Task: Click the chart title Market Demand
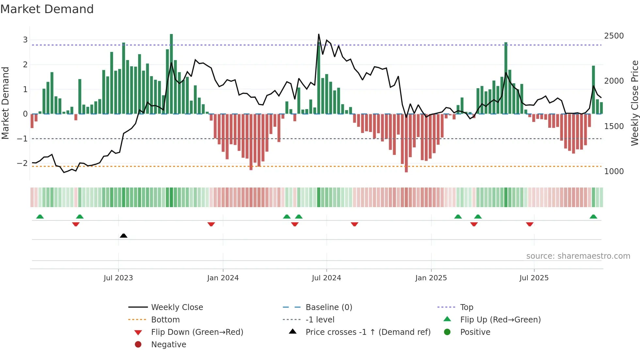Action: (x=47, y=9)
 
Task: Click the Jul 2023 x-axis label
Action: (x=118, y=278)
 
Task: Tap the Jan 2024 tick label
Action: (x=223, y=278)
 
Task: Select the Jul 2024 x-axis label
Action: (x=326, y=278)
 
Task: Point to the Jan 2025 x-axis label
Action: (x=431, y=278)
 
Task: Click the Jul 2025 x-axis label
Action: (x=534, y=278)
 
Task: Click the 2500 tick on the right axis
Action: (x=614, y=36)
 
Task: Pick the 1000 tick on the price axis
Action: (x=614, y=171)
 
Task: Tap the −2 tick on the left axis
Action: (x=22, y=163)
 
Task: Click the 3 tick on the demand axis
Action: (x=25, y=40)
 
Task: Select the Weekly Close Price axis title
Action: (x=634, y=103)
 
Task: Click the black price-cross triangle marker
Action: (x=123, y=236)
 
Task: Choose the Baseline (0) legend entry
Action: (x=328, y=307)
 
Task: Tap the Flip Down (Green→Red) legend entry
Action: (x=197, y=332)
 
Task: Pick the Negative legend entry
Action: (x=168, y=344)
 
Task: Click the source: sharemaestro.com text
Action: (x=578, y=256)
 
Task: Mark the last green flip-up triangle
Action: (x=593, y=217)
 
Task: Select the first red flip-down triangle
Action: (x=76, y=224)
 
